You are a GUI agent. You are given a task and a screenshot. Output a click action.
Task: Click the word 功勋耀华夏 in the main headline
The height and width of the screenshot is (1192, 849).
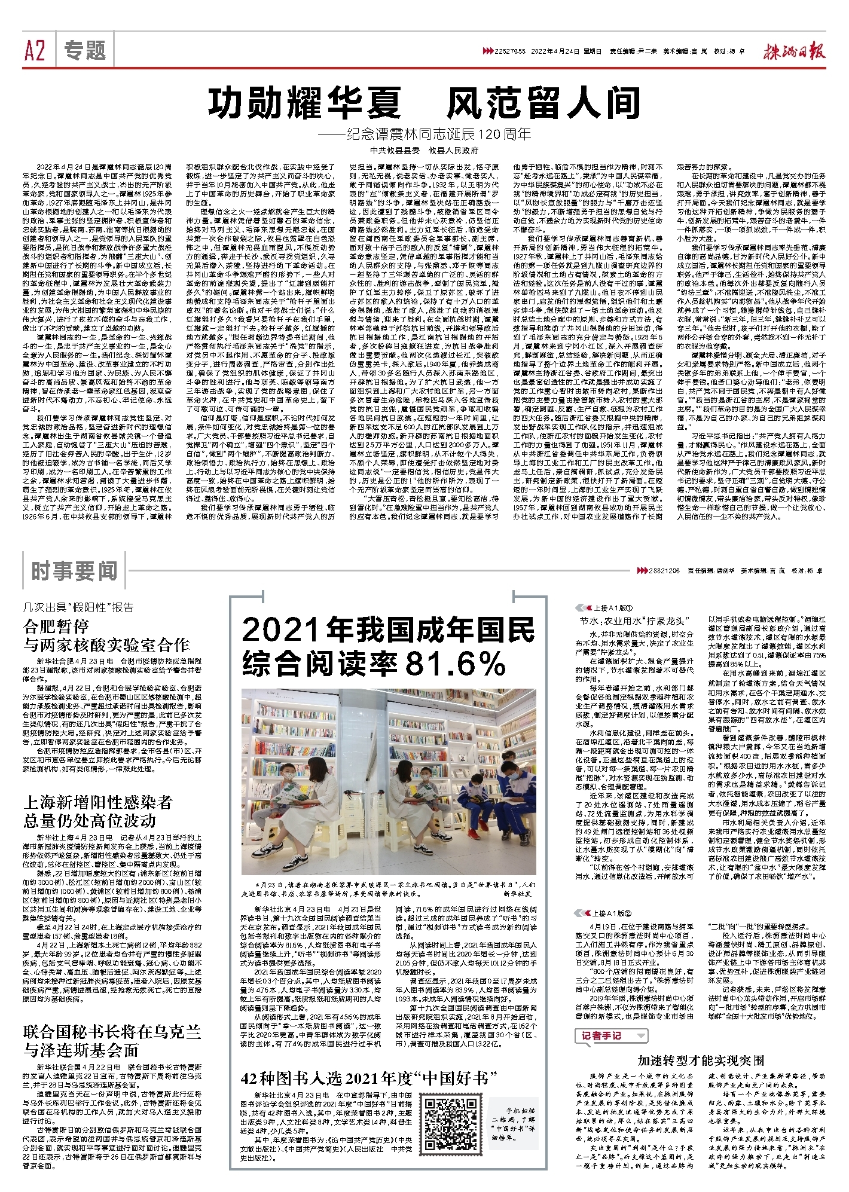[305, 103]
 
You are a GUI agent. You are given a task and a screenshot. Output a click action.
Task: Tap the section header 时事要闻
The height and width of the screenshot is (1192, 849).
[74, 571]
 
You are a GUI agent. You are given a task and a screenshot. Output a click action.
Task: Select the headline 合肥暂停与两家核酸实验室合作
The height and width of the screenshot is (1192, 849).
[106, 635]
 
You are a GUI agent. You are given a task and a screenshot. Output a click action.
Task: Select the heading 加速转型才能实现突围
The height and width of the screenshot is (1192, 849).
[701, 1060]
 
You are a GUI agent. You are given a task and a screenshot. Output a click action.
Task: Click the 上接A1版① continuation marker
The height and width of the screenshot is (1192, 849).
[604, 607]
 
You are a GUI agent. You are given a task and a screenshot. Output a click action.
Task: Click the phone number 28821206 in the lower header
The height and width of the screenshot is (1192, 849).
[664, 571]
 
